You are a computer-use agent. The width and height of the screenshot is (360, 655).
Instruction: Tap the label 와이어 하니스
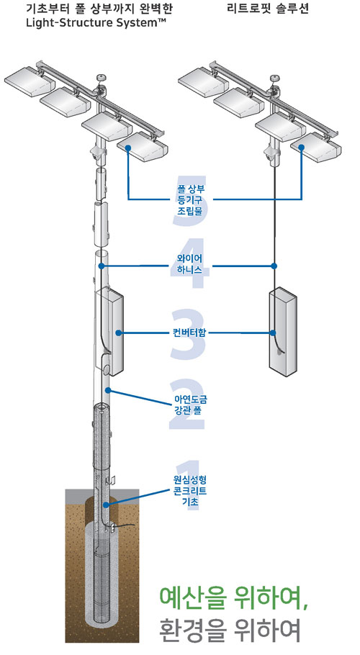pos(186,266)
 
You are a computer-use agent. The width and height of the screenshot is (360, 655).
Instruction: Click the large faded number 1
pos(188,484)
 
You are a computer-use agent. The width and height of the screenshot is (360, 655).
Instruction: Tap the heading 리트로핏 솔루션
pos(268,9)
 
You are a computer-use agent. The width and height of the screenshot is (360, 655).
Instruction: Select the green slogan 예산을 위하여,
pos(234,600)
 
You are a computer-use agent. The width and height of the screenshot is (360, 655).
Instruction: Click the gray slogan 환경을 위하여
pos(230,631)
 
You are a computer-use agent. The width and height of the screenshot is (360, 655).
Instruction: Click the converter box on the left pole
pos(109,330)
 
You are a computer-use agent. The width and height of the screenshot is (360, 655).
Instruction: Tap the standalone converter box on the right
pos(282,330)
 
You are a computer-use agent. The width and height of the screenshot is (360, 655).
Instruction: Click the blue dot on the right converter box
pos(273,333)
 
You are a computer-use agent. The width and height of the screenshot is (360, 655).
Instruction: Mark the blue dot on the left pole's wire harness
pos(101,266)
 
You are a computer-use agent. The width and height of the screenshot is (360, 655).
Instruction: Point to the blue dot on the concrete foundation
pos(106,505)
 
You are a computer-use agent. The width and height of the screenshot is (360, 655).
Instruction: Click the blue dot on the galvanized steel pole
pos(108,390)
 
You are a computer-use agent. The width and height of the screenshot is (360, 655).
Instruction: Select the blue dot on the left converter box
pos(119,333)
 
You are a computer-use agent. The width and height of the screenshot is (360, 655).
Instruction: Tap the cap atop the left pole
pos(100,78)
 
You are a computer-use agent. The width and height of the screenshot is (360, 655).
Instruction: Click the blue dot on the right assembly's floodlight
pos(301,147)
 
